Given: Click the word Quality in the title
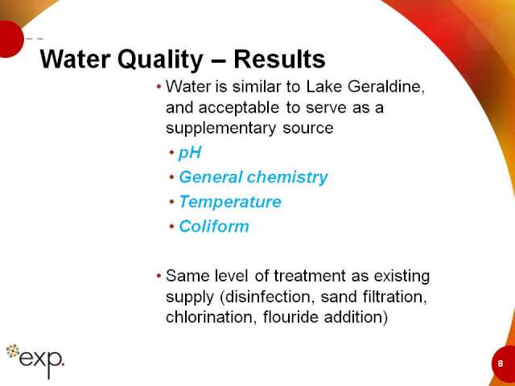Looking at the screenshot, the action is [x=160, y=60].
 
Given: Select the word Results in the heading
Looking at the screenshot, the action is [x=279, y=59].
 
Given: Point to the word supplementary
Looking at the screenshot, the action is [x=220, y=129].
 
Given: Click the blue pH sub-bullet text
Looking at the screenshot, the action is [x=190, y=153].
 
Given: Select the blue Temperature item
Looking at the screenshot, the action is [x=230, y=202].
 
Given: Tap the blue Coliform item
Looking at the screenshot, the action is [x=214, y=227].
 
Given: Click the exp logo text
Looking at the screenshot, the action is [x=42, y=361].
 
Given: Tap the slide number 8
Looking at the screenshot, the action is [x=501, y=363].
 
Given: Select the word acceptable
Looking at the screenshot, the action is [x=239, y=108].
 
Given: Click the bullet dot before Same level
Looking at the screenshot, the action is [x=159, y=276].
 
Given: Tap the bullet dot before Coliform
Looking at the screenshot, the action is [x=171, y=226].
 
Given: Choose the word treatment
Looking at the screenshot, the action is [x=309, y=276].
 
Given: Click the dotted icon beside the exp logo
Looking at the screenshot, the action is [x=13, y=351].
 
